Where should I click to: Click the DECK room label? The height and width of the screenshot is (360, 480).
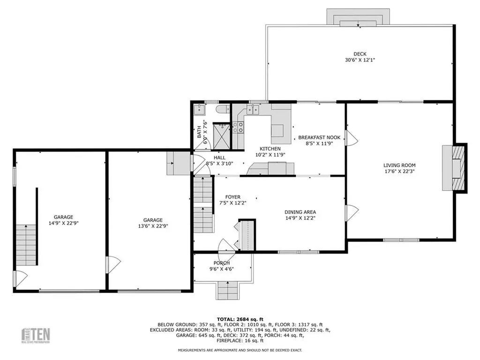(360, 54)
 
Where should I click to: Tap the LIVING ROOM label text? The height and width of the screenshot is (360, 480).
(399, 165)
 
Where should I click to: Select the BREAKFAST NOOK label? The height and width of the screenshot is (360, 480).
(319, 137)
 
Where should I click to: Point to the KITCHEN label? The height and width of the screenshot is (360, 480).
(270, 149)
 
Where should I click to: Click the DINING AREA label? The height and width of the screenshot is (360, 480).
(300, 212)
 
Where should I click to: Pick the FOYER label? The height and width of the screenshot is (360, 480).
(232, 197)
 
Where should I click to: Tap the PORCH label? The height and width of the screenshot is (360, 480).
(222, 263)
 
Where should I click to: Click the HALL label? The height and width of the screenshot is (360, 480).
(219, 157)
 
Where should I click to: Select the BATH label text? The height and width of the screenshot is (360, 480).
(199, 132)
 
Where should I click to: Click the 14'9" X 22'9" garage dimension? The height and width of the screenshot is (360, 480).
(64, 223)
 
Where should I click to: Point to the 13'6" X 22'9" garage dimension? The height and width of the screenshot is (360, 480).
(153, 226)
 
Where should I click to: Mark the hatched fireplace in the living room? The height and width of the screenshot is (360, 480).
(458, 168)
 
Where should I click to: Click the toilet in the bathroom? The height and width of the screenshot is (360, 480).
(223, 109)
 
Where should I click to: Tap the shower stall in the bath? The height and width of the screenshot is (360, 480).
(221, 135)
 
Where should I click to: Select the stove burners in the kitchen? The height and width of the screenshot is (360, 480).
(239, 127)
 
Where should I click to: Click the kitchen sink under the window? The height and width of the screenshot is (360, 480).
(253, 109)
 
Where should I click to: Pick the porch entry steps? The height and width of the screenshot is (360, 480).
(228, 290)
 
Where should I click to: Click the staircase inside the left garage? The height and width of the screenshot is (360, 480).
(26, 245)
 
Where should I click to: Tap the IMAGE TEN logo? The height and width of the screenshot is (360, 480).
(36, 335)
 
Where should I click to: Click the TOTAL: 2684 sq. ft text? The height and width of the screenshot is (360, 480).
(240, 319)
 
